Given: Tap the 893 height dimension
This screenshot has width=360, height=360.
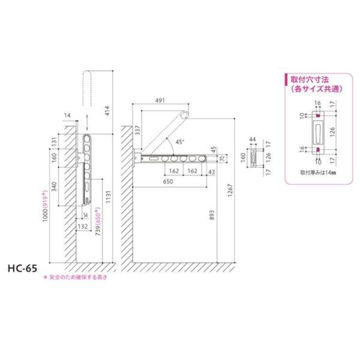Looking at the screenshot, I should pyautogui.click(x=213, y=220).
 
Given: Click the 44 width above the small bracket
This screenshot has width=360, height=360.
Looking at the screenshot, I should pyautogui.click(x=254, y=140).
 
